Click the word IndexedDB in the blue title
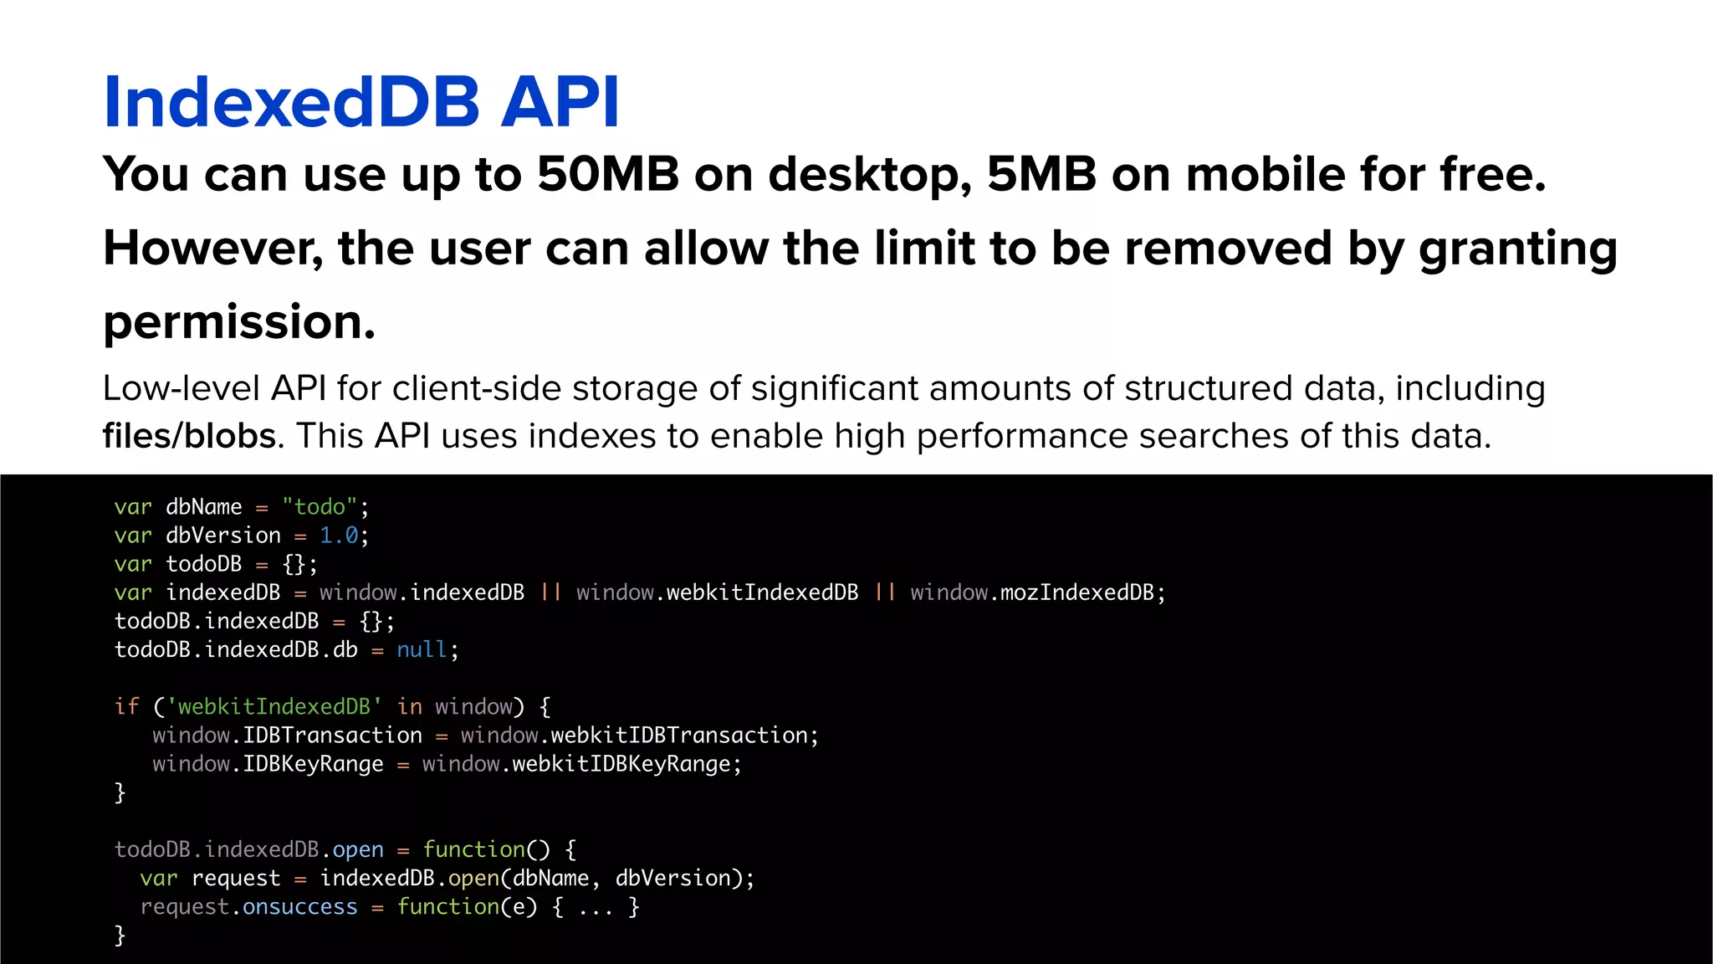(x=291, y=102)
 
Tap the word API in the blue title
(x=560, y=102)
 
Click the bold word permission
(x=239, y=323)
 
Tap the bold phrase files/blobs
(x=189, y=436)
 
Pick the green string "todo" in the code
(x=320, y=507)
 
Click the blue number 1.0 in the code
(x=339, y=536)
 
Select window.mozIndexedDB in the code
(x=1032, y=592)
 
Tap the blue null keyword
(x=422, y=649)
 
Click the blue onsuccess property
(x=299, y=906)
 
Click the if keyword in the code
(x=126, y=706)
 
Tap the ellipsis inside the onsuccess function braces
(x=596, y=908)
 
